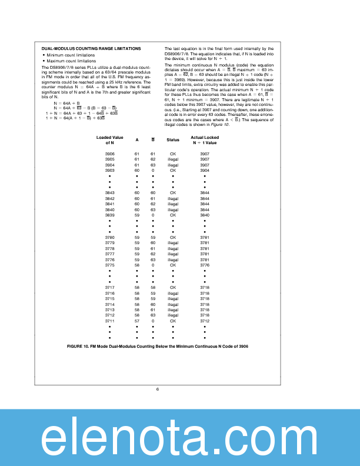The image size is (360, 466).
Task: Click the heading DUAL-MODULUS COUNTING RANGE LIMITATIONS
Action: click(91, 48)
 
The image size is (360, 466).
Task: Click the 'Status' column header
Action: click(173, 140)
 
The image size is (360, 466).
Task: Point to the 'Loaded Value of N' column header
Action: click(109, 140)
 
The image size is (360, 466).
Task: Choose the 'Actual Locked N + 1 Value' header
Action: click(205, 140)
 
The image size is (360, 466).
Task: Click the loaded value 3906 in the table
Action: click(109, 154)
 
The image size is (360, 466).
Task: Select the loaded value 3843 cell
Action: click(109, 192)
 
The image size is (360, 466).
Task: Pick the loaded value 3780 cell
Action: click(109, 237)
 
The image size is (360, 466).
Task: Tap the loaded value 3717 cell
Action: click(109, 287)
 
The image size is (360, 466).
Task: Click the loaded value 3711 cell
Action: click(109, 321)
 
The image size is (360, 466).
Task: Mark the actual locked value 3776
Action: click(205, 265)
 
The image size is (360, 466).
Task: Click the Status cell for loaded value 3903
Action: click(173, 170)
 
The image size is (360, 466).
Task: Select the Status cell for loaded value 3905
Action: click(173, 159)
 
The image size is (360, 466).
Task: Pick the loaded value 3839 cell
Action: click(109, 215)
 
